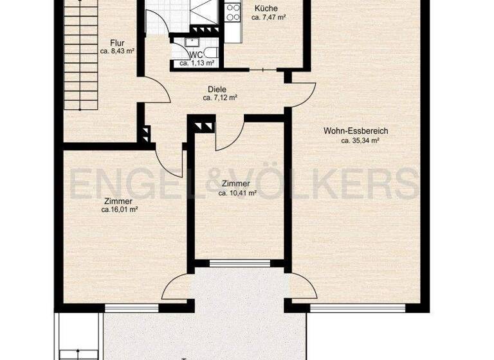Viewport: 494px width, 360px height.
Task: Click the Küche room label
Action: [x=266, y=8]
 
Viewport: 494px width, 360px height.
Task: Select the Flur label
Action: [x=116, y=43]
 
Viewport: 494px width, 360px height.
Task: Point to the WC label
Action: [x=196, y=56]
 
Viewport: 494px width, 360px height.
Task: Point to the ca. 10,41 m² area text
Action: [x=237, y=192]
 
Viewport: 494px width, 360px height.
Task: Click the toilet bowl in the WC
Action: [x=213, y=53]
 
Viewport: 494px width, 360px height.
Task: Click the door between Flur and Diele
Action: [x=157, y=94]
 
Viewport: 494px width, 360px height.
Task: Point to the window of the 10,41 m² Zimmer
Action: [x=240, y=262]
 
